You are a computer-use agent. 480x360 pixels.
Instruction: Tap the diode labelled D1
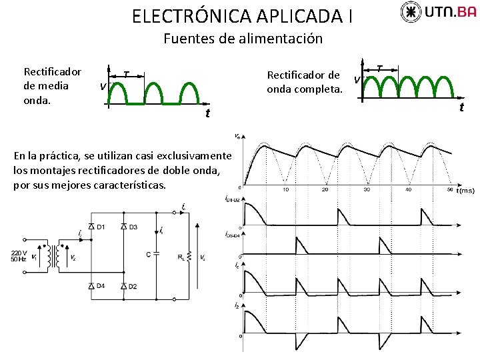[x=91, y=227]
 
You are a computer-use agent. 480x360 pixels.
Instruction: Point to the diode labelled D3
[x=123, y=227]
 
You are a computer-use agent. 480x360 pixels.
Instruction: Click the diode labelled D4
[x=91, y=286]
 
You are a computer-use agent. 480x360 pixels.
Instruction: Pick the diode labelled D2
[x=123, y=286]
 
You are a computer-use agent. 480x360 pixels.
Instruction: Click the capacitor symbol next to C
[x=155, y=254]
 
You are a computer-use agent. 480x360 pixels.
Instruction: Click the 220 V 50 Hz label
[x=18, y=255]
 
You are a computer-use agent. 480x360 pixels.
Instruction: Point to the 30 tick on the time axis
[x=366, y=190]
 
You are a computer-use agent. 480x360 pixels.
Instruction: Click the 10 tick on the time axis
[x=285, y=190]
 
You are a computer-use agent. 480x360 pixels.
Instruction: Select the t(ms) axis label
[x=465, y=191]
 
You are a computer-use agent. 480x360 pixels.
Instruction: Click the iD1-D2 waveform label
[x=233, y=199]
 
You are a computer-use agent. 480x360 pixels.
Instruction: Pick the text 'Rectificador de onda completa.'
[x=303, y=81]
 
